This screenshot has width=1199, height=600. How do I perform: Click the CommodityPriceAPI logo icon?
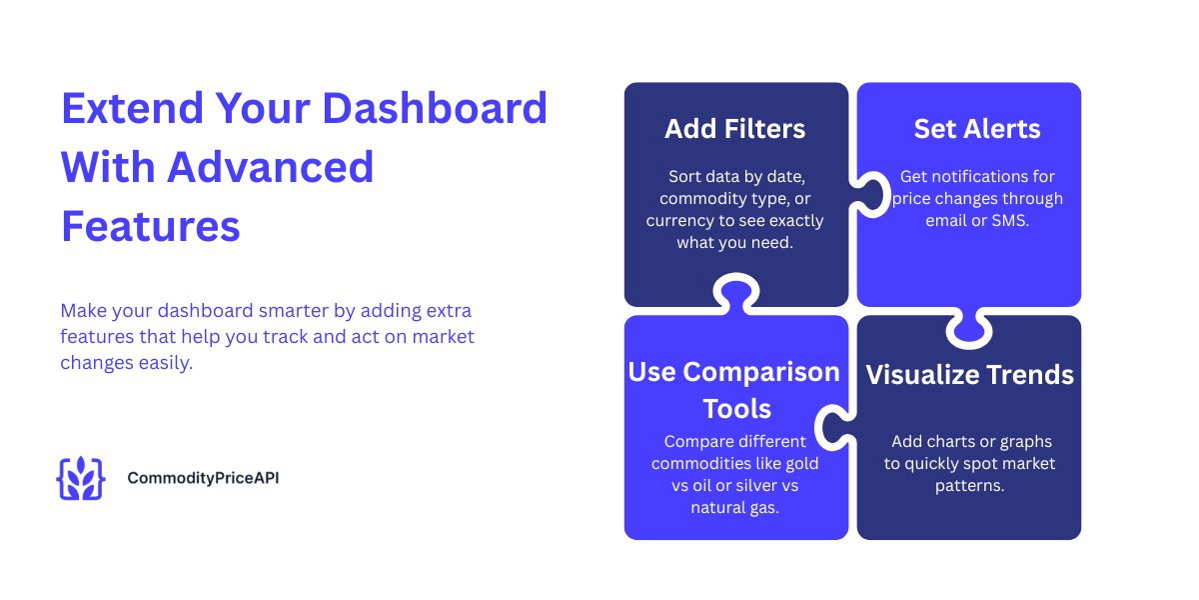pos(80,478)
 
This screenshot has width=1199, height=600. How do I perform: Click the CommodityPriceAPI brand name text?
pos(203,478)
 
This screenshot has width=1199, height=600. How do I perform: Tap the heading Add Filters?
pos(735,129)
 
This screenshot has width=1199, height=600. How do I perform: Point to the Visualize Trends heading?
pos(969,375)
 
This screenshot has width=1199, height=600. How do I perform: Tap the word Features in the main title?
pos(151,226)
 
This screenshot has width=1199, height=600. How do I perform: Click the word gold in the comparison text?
pos(798,463)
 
